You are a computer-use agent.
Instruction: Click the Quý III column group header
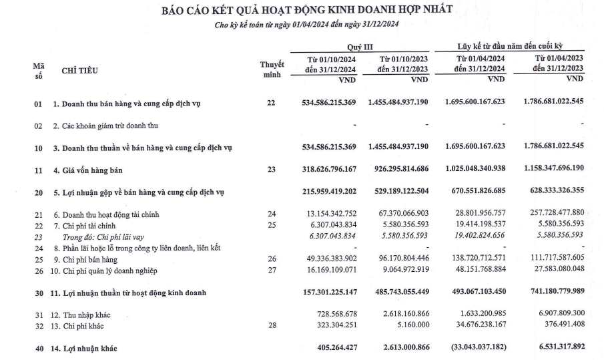click(x=360, y=48)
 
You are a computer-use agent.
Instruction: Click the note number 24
click(x=272, y=214)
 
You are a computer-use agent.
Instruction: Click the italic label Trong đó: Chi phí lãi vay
click(x=108, y=236)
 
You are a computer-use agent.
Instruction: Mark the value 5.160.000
click(x=413, y=326)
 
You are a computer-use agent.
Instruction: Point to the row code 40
click(x=39, y=348)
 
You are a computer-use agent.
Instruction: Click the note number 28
click(x=272, y=326)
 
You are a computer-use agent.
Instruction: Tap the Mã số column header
click(x=39, y=71)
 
